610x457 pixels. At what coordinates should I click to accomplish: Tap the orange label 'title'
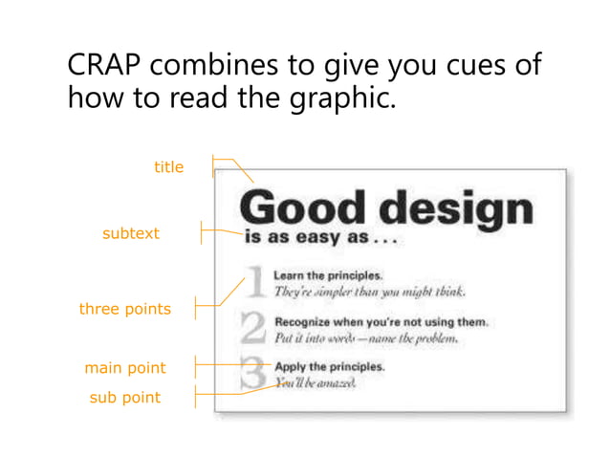point(168,167)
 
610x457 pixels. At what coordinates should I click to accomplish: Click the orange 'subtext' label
point(131,233)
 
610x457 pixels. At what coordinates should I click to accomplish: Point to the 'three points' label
point(124,309)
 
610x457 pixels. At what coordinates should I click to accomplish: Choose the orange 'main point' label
point(124,368)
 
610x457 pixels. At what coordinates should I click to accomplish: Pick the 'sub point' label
point(124,398)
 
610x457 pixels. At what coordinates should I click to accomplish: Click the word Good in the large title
point(300,207)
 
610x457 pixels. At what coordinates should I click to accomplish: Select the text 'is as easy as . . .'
point(319,239)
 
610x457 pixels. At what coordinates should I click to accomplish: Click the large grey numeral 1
point(254,284)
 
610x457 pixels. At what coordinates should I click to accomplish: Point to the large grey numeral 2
point(252,330)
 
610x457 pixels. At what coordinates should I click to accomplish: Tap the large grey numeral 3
point(252,374)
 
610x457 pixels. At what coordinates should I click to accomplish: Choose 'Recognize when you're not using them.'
point(381,322)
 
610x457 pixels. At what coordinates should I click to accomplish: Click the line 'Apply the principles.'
point(330,366)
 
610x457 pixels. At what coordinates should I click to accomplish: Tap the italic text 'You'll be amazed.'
point(316,382)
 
